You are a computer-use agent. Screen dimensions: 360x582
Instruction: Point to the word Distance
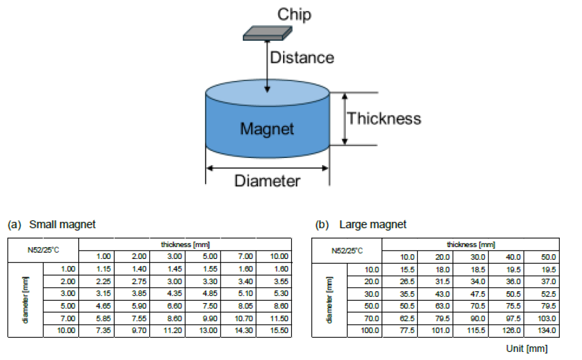point(302,57)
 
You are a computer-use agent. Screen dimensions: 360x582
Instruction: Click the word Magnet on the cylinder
point(267,129)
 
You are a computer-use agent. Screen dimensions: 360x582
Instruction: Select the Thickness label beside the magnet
point(384,118)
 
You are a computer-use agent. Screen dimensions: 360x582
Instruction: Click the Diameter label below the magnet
point(267,181)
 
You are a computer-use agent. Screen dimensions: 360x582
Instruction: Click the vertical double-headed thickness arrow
point(345,119)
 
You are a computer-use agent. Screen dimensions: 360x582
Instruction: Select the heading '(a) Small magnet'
point(52,224)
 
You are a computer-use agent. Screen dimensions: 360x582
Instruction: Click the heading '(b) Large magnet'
point(361,224)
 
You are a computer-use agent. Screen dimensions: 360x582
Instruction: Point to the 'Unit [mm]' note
point(527,349)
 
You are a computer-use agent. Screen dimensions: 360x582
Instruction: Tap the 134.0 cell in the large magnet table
point(547,331)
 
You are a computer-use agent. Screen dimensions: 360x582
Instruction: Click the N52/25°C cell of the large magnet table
point(347,250)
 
